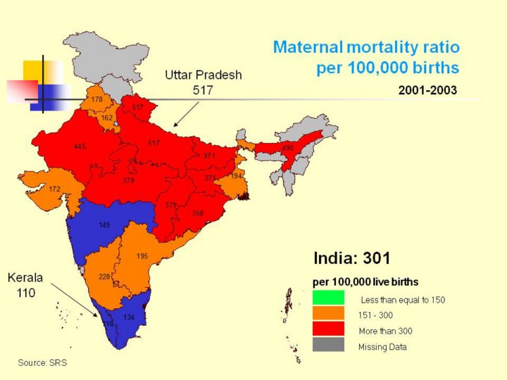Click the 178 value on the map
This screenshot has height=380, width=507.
point(97,100)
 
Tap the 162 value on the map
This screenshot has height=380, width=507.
point(107,118)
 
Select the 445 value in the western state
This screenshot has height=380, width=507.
point(80,146)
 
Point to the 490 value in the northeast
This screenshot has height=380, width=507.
point(287,148)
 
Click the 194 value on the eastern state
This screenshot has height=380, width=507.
point(237,175)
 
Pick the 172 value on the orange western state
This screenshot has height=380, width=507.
point(54,189)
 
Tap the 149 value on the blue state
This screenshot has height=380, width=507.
point(104,225)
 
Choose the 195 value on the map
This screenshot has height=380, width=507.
point(142,256)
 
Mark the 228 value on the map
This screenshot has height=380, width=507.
point(104,277)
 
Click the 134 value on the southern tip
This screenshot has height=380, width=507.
point(129,317)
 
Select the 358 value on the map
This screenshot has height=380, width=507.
point(198,213)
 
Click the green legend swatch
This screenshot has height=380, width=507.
point(328,298)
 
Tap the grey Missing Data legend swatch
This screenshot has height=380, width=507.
point(328,345)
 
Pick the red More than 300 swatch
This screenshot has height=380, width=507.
point(328,329)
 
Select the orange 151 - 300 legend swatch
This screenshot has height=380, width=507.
point(328,314)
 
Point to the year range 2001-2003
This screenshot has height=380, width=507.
point(427,90)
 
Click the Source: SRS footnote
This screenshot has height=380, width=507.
point(42,362)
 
